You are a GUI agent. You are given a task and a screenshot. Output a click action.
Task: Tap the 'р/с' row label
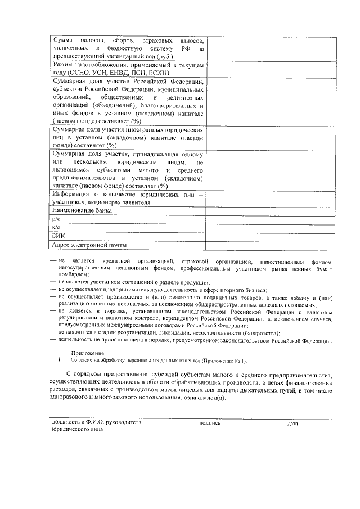click(56, 219)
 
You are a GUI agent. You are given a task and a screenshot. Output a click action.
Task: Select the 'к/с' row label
click(55, 227)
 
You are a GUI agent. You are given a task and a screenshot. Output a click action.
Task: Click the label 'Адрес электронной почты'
click(88, 245)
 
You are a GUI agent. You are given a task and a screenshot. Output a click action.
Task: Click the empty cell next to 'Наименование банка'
click(272, 210)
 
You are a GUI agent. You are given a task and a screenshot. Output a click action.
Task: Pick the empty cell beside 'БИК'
click(272, 236)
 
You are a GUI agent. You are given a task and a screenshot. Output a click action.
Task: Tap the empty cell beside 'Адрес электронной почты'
click(272, 245)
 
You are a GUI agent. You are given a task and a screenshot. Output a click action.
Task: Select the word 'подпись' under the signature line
click(210, 422)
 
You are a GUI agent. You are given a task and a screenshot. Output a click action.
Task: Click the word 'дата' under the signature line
click(292, 423)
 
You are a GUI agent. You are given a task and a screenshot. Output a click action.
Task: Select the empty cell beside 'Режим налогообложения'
click(272, 69)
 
